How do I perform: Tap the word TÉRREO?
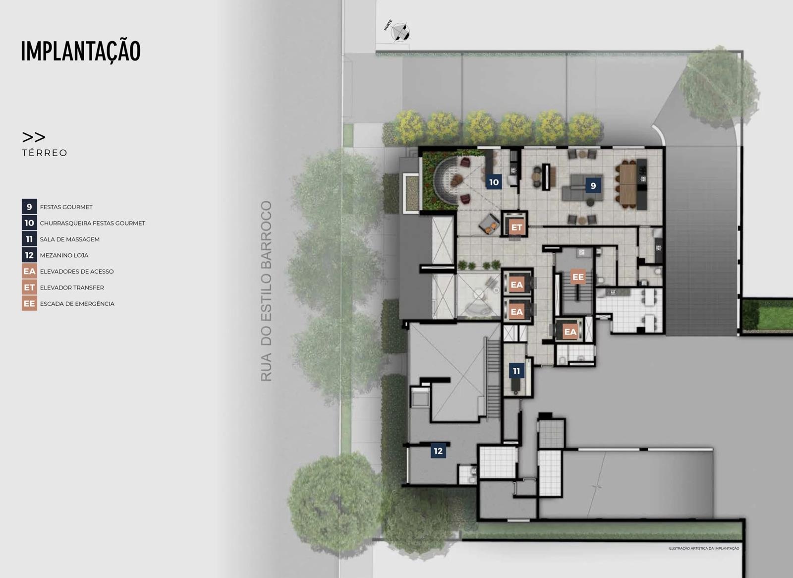tap(45, 153)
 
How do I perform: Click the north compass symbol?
tap(400, 32)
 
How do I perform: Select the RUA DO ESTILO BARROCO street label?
tap(266, 291)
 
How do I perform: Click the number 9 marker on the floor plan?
tap(593, 185)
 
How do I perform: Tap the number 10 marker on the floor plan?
tap(494, 182)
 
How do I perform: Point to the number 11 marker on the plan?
tap(516, 371)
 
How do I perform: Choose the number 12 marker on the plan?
tap(438, 451)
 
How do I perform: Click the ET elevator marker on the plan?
tap(517, 228)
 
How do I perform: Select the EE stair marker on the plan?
tap(578, 277)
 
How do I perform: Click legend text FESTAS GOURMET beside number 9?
tap(66, 207)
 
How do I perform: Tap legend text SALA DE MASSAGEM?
tap(70, 239)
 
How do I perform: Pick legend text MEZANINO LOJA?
tap(64, 255)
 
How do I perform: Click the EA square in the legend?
tap(29, 271)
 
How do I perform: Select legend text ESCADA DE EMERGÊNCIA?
tap(77, 303)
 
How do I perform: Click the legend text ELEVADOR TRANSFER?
tap(72, 288)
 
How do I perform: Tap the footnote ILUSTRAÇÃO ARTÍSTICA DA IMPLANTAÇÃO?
tap(704, 548)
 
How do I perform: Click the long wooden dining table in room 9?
tap(628, 184)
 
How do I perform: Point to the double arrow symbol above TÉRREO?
tap(34, 137)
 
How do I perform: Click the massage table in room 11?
tap(515, 386)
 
